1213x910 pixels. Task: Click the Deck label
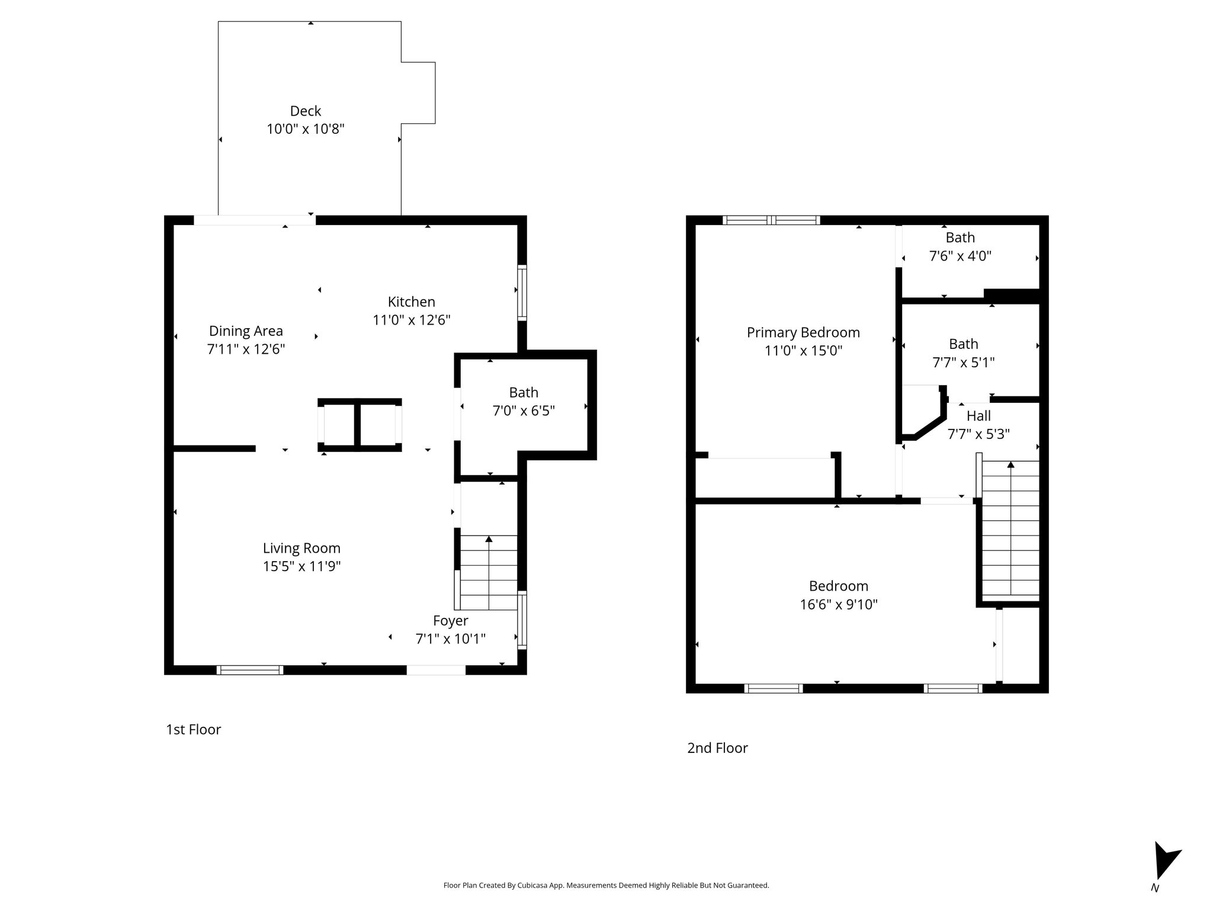click(x=306, y=111)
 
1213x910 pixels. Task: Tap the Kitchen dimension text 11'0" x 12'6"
click(x=412, y=320)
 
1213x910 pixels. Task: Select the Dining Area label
click(x=246, y=331)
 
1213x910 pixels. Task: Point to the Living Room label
click(x=301, y=548)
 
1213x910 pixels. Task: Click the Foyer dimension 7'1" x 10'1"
click(x=451, y=639)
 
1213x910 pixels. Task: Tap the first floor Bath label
click(x=524, y=392)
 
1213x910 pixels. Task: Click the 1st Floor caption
click(x=194, y=729)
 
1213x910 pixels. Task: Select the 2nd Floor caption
click(x=717, y=748)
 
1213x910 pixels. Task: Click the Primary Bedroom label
click(x=803, y=332)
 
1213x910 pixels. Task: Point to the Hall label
click(x=978, y=416)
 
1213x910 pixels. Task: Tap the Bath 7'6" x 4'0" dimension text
click(x=960, y=256)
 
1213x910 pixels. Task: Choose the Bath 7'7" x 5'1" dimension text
click(x=964, y=362)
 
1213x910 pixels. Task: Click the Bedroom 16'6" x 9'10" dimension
click(x=839, y=604)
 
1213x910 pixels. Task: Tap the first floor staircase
click(x=488, y=572)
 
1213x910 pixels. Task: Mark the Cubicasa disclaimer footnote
click(x=606, y=886)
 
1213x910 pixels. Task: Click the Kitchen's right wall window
click(x=522, y=293)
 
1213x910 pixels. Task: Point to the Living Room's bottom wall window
click(x=250, y=670)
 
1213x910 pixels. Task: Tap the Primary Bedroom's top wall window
click(x=771, y=220)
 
